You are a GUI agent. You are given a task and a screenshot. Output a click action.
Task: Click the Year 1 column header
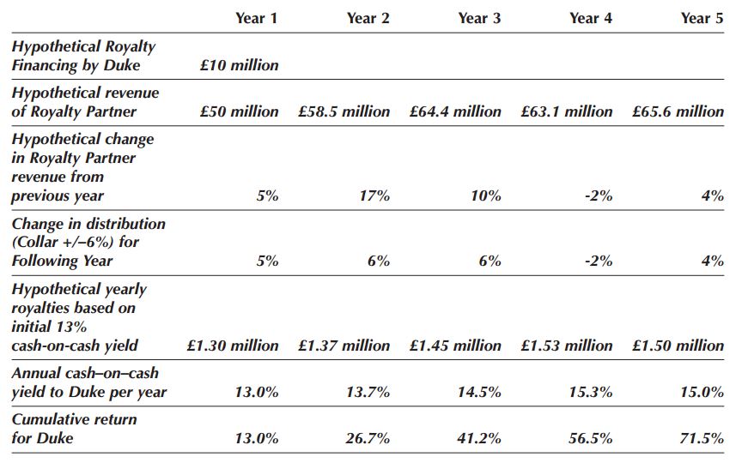pyautogui.click(x=257, y=18)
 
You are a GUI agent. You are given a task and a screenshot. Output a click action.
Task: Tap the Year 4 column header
pyautogui.click(x=591, y=18)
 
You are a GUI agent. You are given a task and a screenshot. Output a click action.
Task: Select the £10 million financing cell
pyautogui.click(x=239, y=65)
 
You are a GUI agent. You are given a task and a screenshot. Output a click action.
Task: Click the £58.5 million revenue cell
pyautogui.click(x=344, y=111)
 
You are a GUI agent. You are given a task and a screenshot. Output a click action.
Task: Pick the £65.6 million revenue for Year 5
pyautogui.click(x=678, y=111)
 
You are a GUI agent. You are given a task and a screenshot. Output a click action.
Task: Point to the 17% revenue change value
pyautogui.click(x=374, y=195)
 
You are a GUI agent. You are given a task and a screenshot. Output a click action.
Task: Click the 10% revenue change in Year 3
pyautogui.click(x=485, y=195)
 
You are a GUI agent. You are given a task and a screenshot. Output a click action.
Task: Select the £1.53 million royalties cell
pyautogui.click(x=567, y=346)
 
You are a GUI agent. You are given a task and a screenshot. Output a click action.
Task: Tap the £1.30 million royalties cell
pyautogui.click(x=233, y=346)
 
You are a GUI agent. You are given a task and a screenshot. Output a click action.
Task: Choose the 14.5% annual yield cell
pyautogui.click(x=479, y=392)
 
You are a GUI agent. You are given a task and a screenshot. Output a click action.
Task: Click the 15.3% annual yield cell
pyautogui.click(x=591, y=392)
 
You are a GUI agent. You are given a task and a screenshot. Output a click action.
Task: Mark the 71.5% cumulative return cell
pyautogui.click(x=702, y=438)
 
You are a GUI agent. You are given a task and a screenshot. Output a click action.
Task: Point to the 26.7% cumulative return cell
pyautogui.click(x=368, y=438)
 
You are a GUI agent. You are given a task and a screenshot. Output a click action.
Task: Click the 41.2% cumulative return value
pyautogui.click(x=479, y=438)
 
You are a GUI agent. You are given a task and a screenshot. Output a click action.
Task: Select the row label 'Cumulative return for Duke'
pyautogui.click(x=75, y=429)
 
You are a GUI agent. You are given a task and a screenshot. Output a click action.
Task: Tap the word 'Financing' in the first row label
pyautogui.click(x=43, y=66)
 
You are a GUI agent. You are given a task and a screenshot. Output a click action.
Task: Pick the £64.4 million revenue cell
pyautogui.click(x=455, y=111)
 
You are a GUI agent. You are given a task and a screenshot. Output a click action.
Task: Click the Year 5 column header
pyautogui.click(x=702, y=18)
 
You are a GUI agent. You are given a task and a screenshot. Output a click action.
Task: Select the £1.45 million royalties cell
pyautogui.click(x=455, y=346)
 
